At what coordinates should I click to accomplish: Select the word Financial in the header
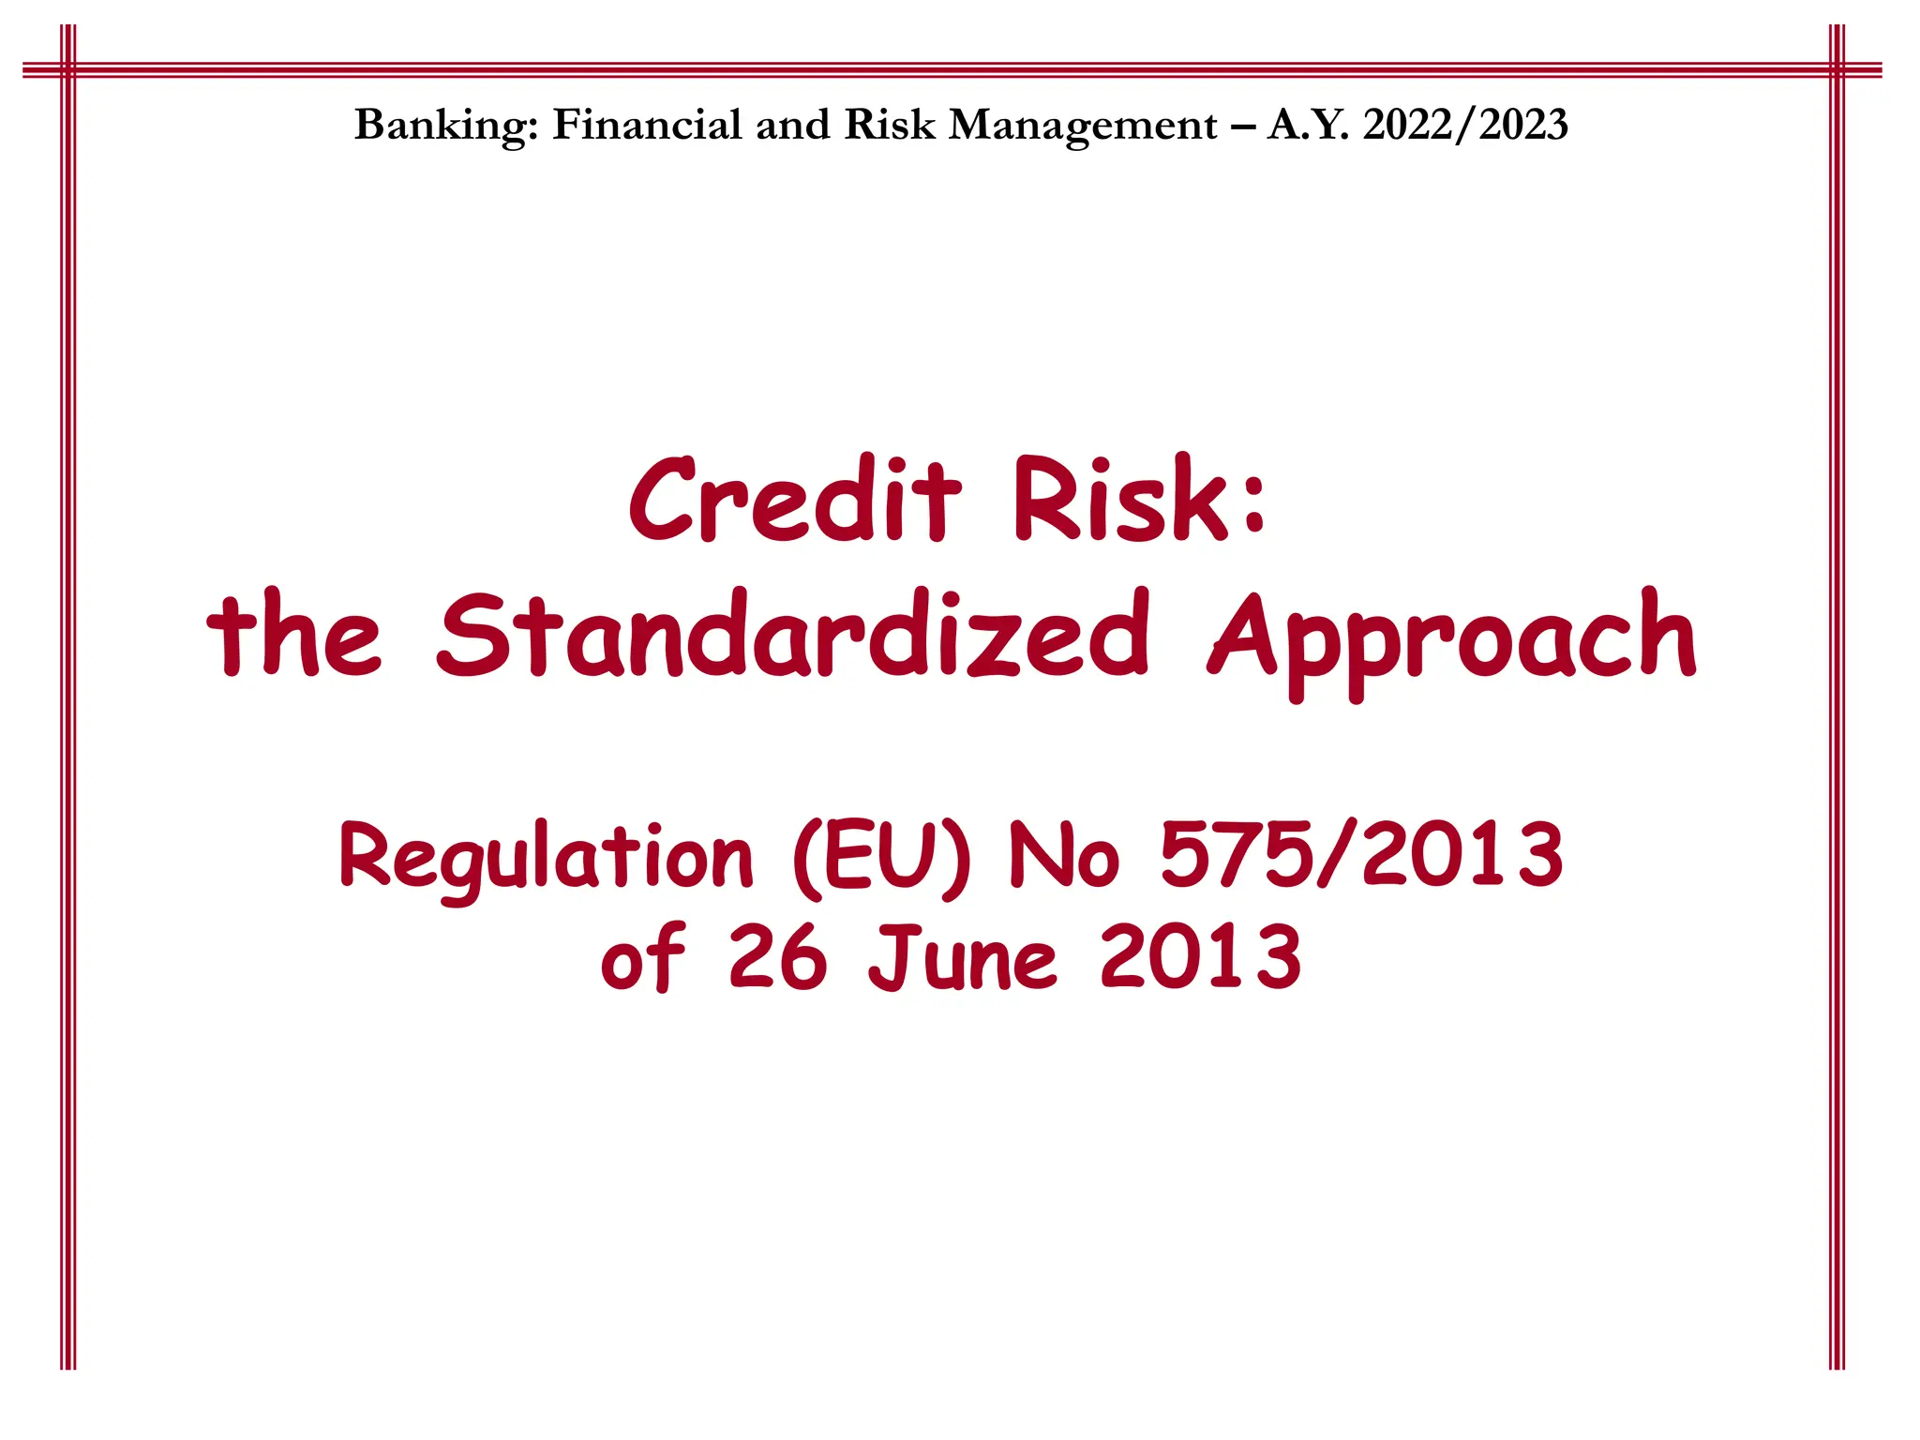(646, 125)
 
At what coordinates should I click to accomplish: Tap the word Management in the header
(1083, 126)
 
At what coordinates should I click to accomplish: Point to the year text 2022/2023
(1465, 125)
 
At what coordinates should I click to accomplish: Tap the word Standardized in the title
(793, 635)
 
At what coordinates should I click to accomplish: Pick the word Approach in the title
(1452, 637)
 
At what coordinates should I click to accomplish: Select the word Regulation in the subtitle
(546, 857)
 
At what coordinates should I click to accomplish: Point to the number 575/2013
(1361, 854)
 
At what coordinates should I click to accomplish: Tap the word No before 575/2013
(1063, 854)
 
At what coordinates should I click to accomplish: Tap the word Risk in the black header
(889, 125)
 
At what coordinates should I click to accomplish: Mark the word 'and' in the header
(792, 125)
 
